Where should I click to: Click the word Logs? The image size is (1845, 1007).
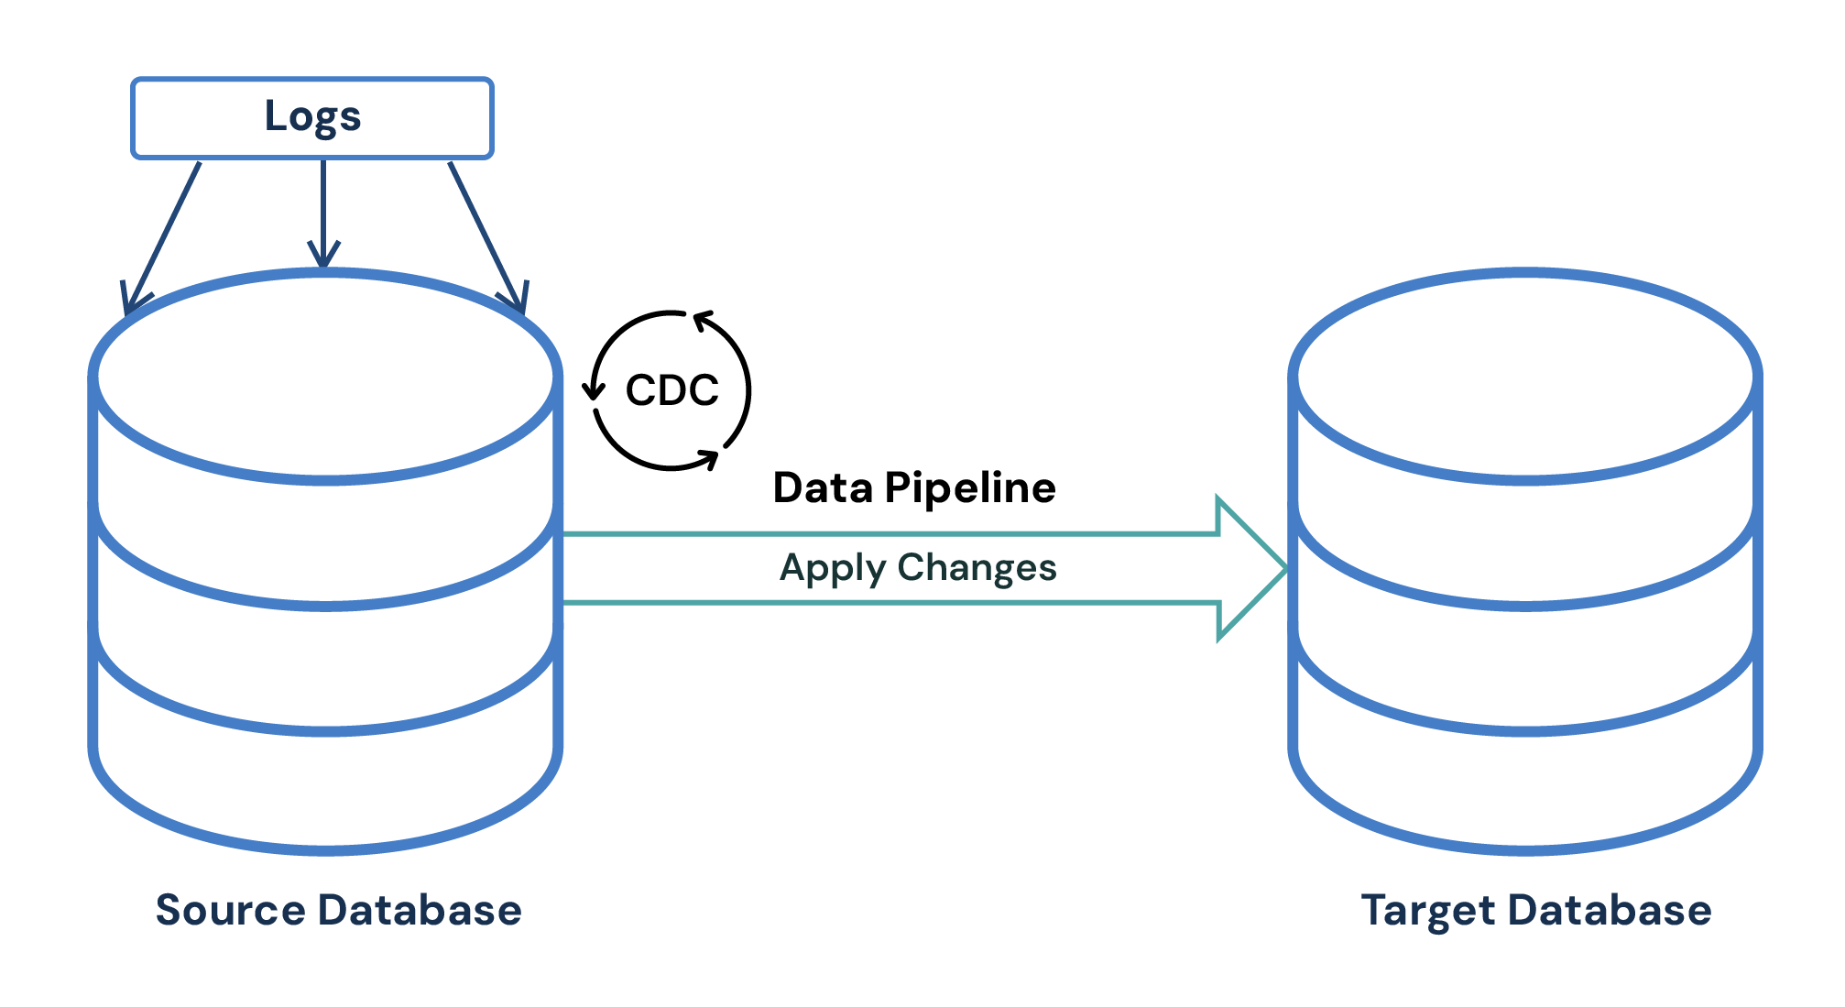pos(312,117)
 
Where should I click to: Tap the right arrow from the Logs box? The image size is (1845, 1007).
pos(486,237)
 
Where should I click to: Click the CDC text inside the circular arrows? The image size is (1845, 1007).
pos(671,390)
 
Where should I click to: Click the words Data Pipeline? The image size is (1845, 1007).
pos(913,487)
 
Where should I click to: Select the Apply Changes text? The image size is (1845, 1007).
pos(917,568)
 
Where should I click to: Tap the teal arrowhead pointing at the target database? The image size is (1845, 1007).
pos(1250,569)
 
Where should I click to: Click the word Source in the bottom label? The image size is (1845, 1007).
pos(230,910)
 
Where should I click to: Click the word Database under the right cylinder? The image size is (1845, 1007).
pos(1610,910)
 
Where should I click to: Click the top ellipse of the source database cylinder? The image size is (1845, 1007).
pos(325,376)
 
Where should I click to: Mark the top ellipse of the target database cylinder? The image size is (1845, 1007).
pos(1524,376)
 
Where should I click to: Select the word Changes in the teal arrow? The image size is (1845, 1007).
pos(977,568)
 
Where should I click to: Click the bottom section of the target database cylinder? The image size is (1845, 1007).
pos(1524,788)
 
